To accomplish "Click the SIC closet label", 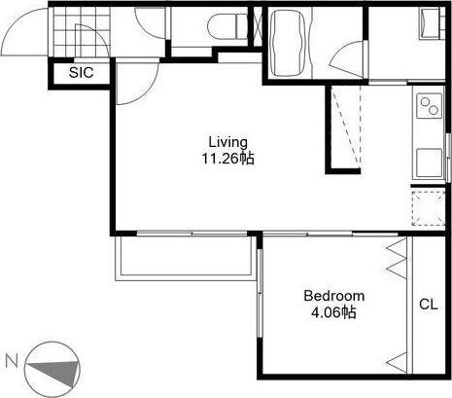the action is tap(81, 72).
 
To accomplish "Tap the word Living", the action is tap(228, 142).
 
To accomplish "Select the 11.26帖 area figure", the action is tap(228, 159).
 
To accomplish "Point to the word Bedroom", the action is tap(334, 296).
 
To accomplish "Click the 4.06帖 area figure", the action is tap(333, 312).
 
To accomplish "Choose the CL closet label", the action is tap(429, 305).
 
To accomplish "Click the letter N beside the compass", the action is tap(12, 361).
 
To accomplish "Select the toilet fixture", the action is tap(228, 26).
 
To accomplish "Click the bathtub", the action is tap(288, 43).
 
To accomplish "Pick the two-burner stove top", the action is tap(429, 106).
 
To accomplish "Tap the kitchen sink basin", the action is tap(429, 163).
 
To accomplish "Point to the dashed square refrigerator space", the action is tap(429, 208).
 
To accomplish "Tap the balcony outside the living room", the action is tap(184, 258).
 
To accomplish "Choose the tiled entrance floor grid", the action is tap(82, 32).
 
